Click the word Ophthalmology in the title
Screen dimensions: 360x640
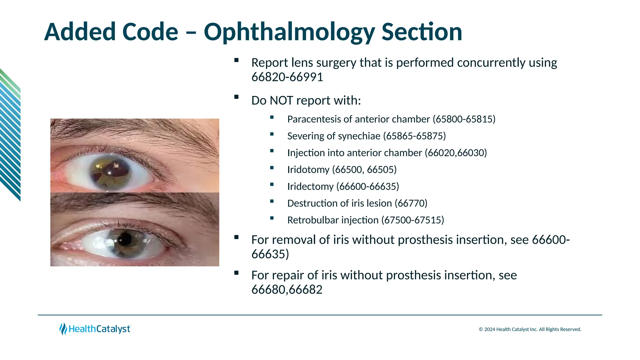(x=289, y=32)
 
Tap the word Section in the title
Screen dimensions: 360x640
(x=422, y=32)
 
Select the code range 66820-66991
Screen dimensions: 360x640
(x=287, y=77)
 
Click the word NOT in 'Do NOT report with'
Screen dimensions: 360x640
(x=281, y=101)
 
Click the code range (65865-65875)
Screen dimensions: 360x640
(x=414, y=136)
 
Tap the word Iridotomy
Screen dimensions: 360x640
(x=308, y=170)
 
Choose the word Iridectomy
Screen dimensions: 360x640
(x=310, y=187)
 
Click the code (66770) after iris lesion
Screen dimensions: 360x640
(x=411, y=203)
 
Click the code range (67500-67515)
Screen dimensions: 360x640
(x=412, y=220)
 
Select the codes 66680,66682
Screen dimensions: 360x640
(x=287, y=290)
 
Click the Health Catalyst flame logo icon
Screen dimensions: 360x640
(x=63, y=329)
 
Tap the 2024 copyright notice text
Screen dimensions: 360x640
(x=530, y=329)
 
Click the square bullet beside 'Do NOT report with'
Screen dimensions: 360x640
(x=236, y=97)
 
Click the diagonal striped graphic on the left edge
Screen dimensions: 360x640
(x=10, y=134)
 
